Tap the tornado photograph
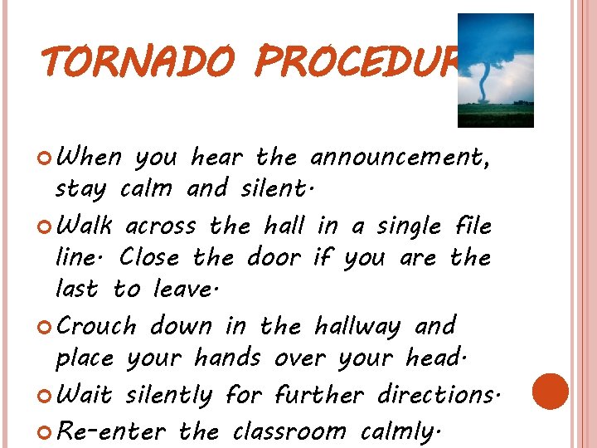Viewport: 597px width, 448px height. point(496,70)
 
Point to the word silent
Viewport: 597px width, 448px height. point(274,188)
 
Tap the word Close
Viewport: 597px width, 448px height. point(151,257)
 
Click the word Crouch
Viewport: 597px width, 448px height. point(98,325)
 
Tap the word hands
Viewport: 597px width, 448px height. point(226,358)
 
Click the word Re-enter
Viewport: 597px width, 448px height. point(113,431)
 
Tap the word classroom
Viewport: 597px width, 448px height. point(289,431)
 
